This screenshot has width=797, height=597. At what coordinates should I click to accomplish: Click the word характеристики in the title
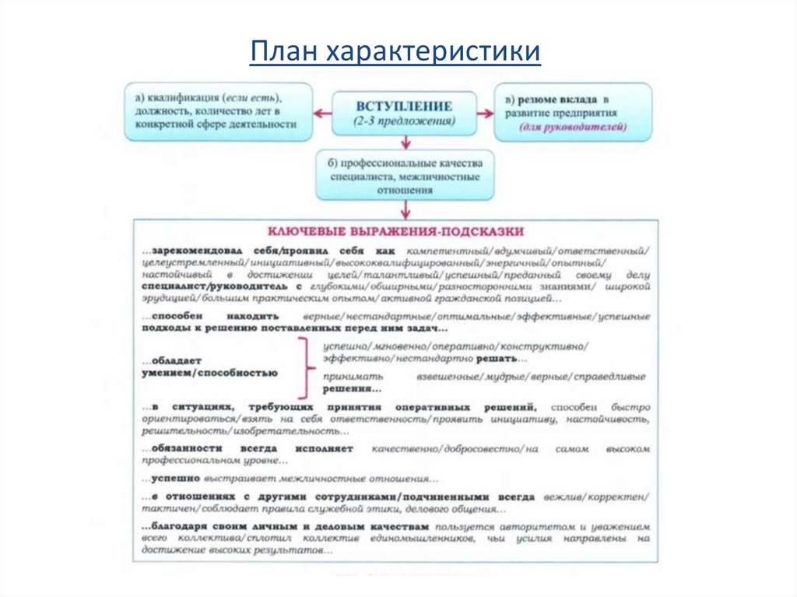click(x=432, y=52)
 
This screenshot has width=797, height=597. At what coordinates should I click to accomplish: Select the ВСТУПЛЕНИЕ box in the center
click(x=404, y=113)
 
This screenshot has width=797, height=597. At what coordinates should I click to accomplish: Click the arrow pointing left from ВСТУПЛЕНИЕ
click(x=321, y=113)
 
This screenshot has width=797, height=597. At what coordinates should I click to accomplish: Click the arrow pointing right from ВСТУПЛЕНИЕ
click(x=486, y=114)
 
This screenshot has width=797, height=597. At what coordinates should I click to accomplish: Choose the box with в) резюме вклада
click(x=574, y=112)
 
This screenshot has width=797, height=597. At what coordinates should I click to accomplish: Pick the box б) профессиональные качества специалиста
click(x=405, y=176)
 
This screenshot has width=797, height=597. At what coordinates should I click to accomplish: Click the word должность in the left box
click(x=160, y=111)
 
